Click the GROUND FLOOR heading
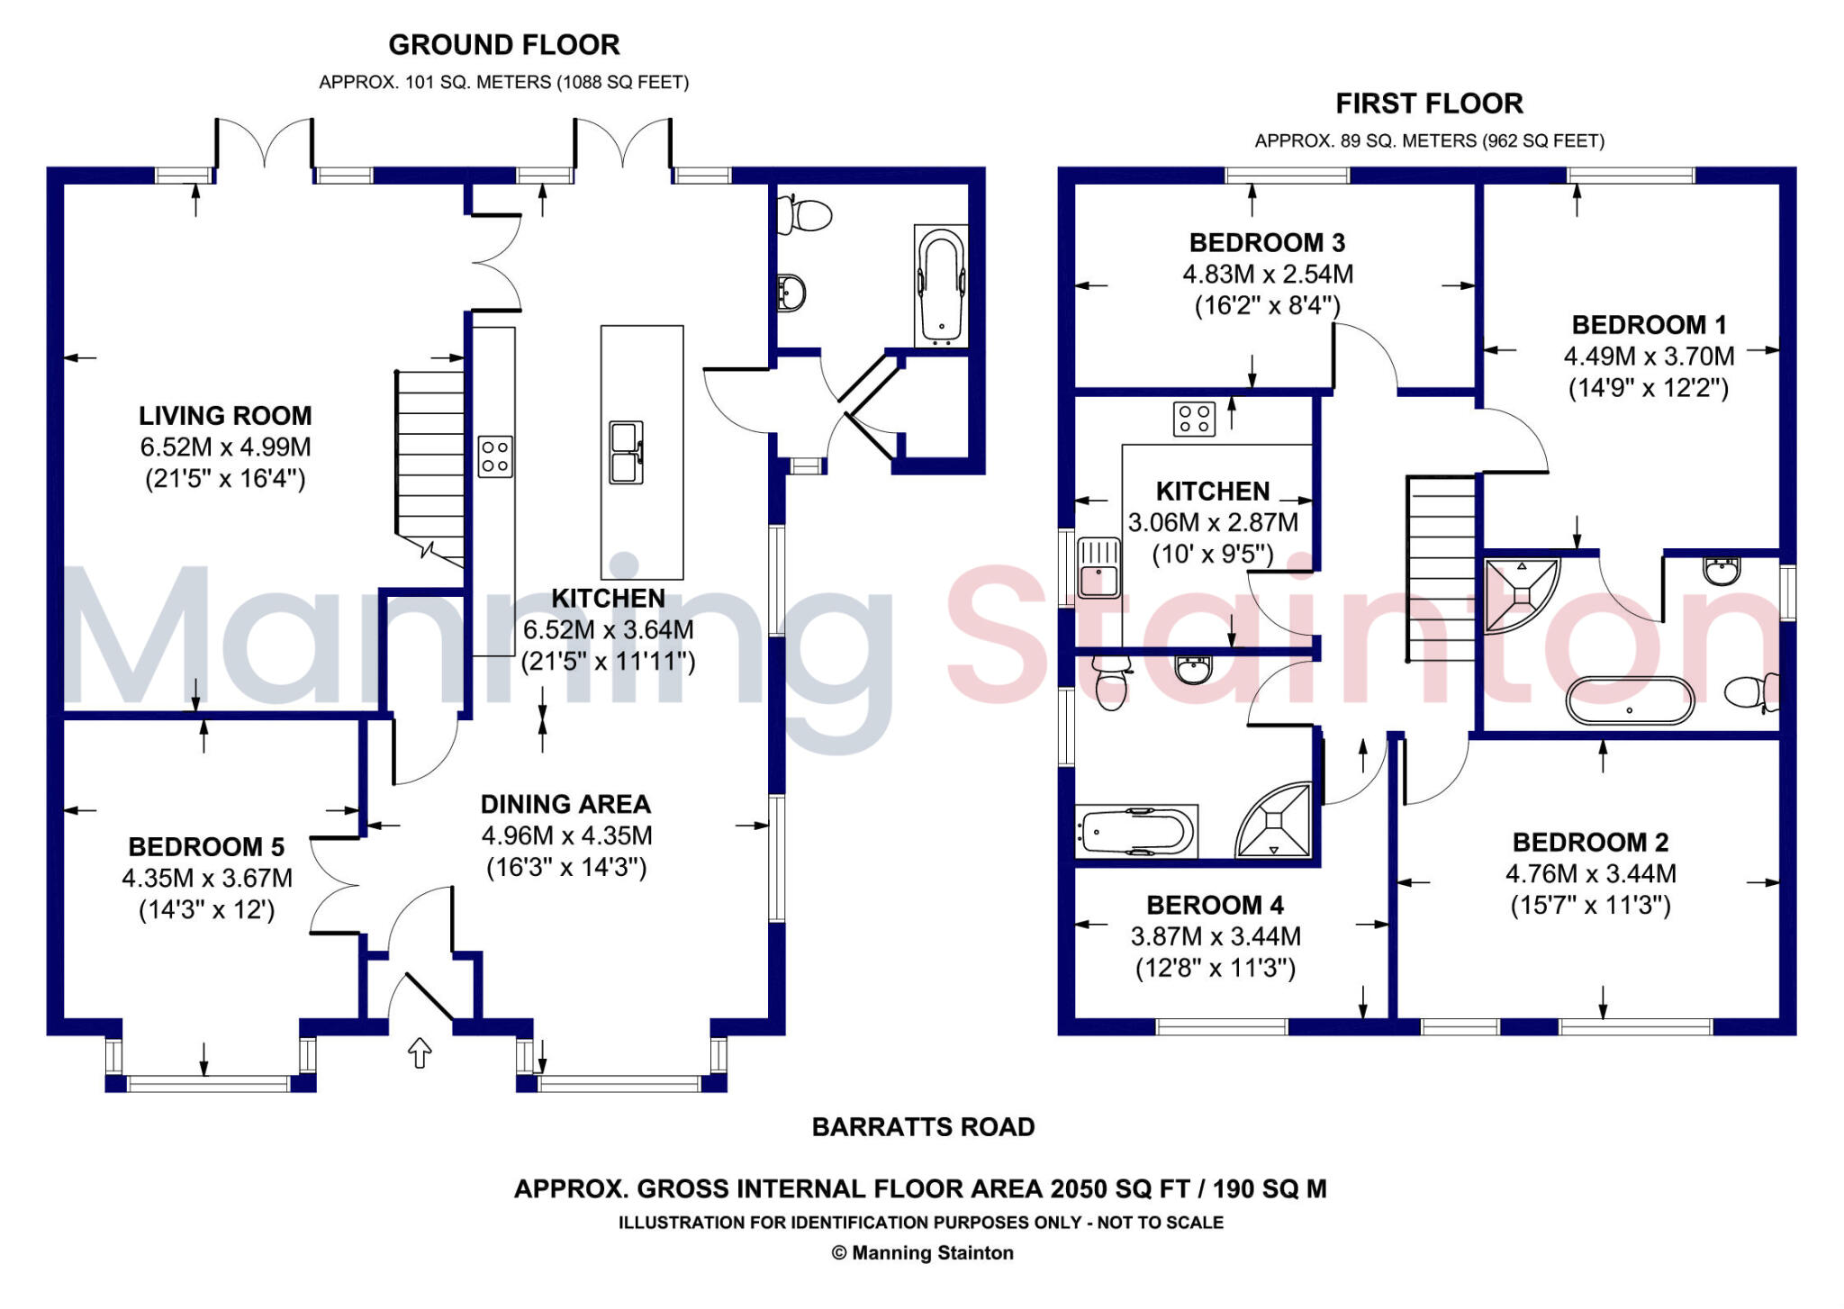pos(503,44)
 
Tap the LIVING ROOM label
pos(225,416)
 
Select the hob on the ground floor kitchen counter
pos(495,456)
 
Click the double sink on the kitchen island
pos(626,452)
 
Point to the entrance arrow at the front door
pos(420,1052)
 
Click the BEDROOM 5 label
pos(206,847)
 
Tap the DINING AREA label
pos(565,804)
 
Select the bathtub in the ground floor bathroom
pos(941,285)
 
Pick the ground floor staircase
pos(430,464)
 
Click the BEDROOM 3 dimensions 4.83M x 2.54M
pos(1267,275)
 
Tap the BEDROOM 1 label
pos(1649,325)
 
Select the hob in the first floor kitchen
pos(1194,419)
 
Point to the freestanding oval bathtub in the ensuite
pos(1630,700)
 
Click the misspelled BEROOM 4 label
pos(1215,905)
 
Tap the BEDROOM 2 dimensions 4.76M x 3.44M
pos(1590,874)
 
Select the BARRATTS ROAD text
pos(923,1127)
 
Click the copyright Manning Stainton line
pos(923,1253)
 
